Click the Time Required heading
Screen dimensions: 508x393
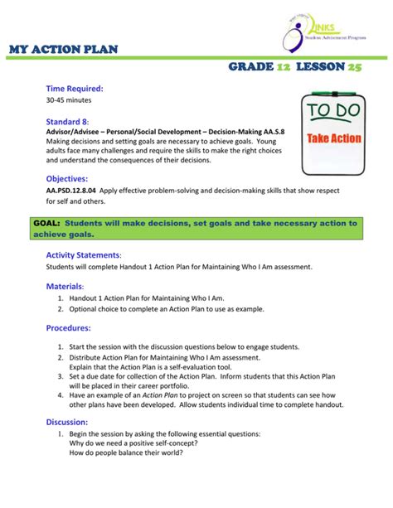74,88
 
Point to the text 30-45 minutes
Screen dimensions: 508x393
70,100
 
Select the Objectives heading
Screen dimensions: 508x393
67,178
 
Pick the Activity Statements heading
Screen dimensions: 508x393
84,254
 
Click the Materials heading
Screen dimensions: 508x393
65,286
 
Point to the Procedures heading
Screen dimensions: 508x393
69,327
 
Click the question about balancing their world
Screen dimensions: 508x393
126,452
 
